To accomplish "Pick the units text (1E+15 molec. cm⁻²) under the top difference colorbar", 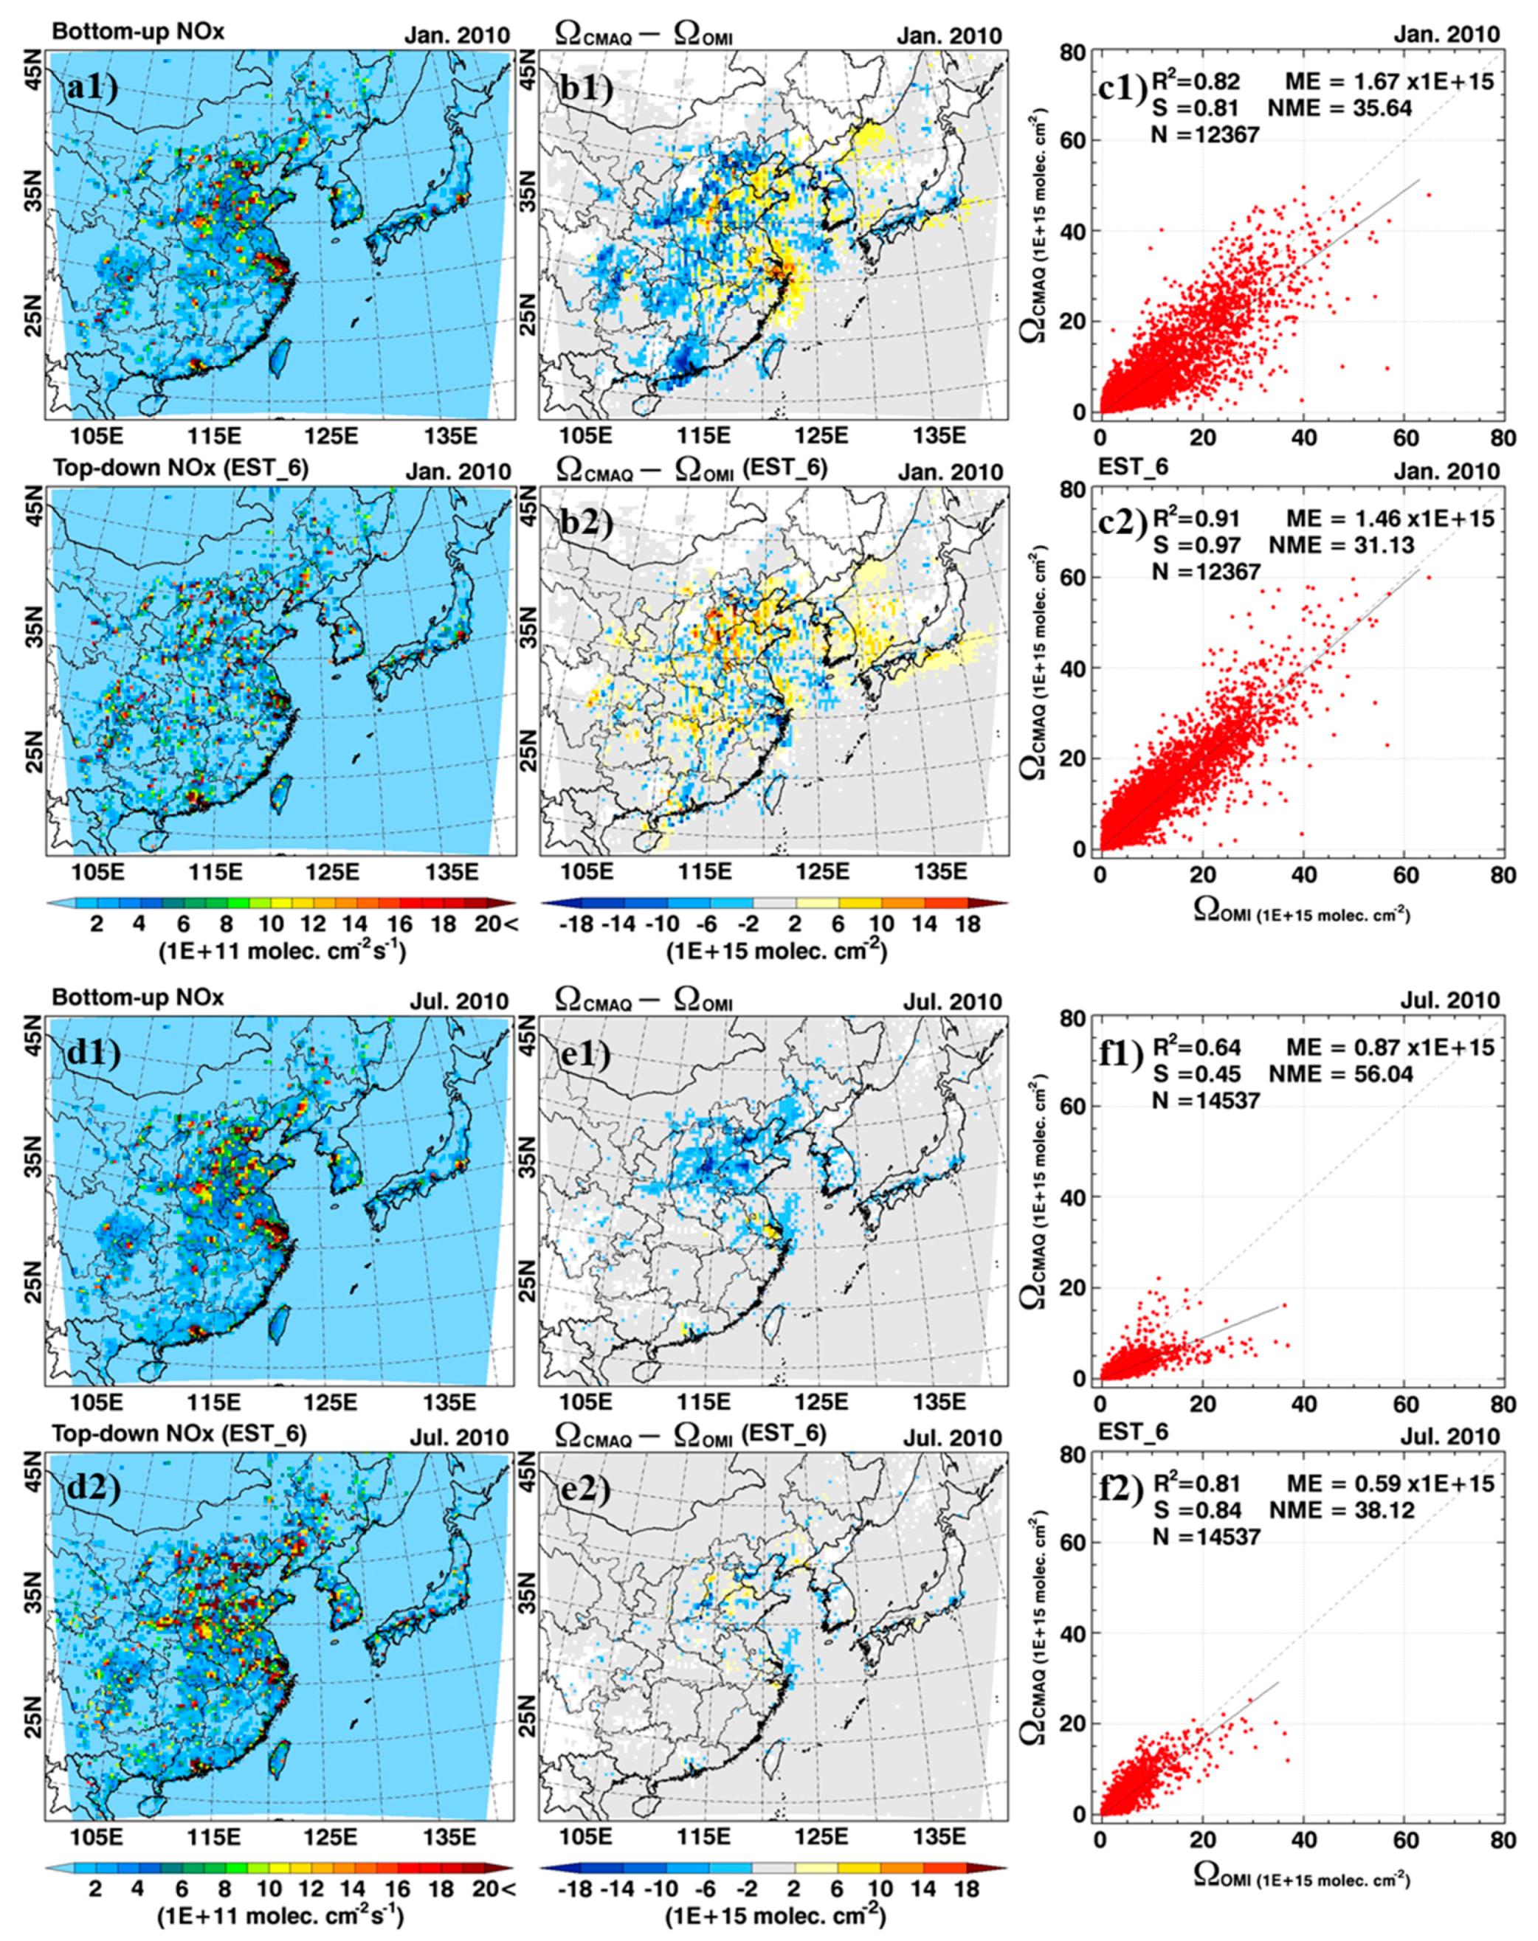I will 776,952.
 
